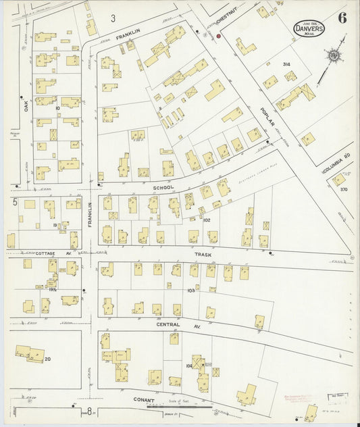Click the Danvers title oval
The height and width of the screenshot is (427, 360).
pyautogui.click(x=310, y=28)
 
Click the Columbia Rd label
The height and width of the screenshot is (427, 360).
pyautogui.click(x=338, y=163)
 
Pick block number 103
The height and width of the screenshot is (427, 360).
pyautogui.click(x=191, y=290)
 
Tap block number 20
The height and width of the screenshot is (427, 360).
pyautogui.click(x=47, y=359)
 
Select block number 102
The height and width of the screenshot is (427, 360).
pyautogui.click(x=207, y=220)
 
